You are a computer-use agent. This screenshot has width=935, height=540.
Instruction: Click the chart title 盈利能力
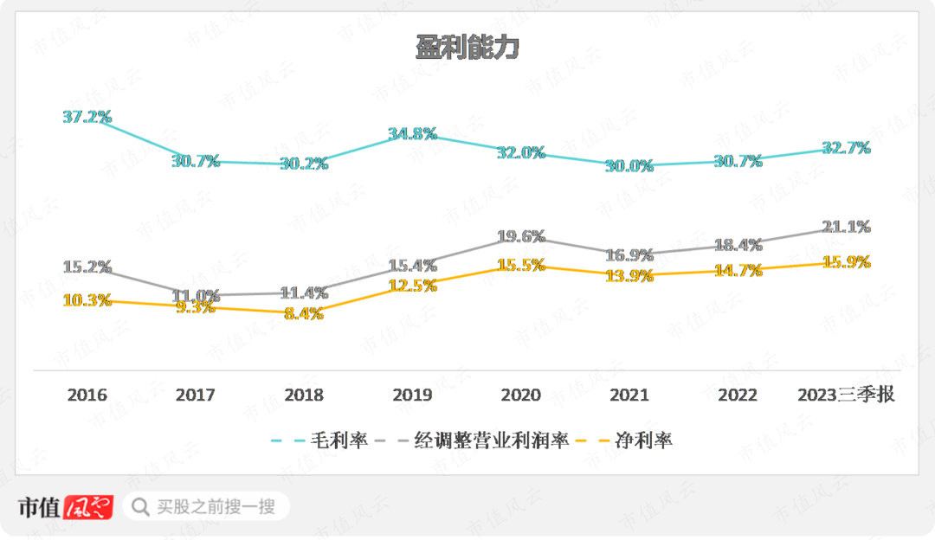click(467, 48)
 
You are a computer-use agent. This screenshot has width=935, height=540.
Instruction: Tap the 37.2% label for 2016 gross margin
click(87, 117)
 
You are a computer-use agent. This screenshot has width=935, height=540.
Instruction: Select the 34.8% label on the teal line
click(412, 134)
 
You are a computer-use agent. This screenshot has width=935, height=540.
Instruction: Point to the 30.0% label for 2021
click(629, 166)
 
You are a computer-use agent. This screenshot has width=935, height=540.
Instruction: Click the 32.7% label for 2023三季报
click(846, 148)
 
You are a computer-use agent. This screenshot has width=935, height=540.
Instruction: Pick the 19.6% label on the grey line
click(521, 236)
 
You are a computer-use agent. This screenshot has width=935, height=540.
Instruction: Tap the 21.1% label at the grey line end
click(846, 227)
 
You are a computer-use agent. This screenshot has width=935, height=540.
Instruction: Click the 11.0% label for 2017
click(196, 296)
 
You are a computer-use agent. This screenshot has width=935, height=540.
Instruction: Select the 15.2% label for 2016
click(87, 267)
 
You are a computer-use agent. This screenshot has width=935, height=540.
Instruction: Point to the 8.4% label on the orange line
click(304, 314)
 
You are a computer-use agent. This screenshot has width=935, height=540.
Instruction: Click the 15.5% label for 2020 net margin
click(521, 266)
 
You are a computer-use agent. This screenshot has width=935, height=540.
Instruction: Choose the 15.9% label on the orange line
click(846, 261)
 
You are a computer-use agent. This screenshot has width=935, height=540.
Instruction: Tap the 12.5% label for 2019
click(412, 285)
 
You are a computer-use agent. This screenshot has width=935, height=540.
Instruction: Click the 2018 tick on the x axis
click(304, 395)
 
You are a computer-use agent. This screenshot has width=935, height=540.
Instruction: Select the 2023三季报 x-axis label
click(846, 395)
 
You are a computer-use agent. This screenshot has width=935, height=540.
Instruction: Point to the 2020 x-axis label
click(521, 395)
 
